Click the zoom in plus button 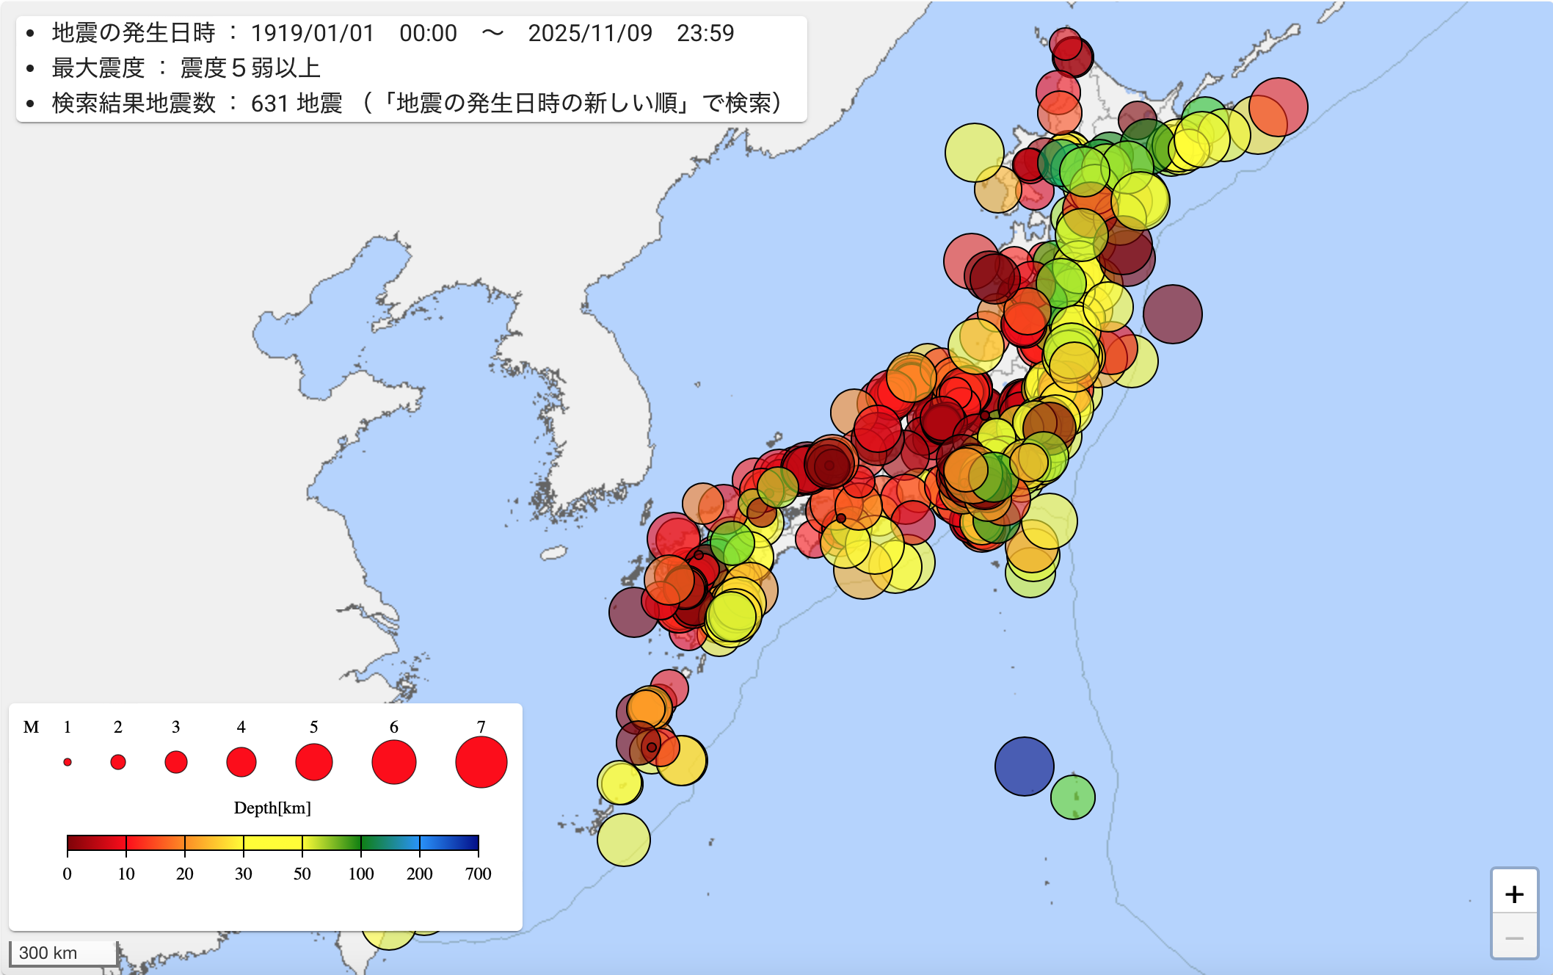[x=1514, y=894]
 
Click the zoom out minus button [x=1514, y=938]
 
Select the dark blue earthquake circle [x=1024, y=766]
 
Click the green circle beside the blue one [x=1072, y=797]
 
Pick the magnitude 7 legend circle [x=481, y=762]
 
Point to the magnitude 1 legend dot [x=68, y=762]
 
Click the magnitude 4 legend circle [x=241, y=762]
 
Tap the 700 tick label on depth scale [x=478, y=874]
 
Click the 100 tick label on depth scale [x=360, y=874]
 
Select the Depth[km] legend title [x=272, y=808]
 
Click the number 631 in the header [x=269, y=104]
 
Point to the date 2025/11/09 [x=590, y=33]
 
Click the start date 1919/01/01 [x=313, y=33]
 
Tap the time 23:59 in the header [x=705, y=33]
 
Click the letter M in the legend [x=31, y=727]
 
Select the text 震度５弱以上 [x=250, y=68]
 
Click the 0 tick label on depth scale [x=68, y=874]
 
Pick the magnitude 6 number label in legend [x=394, y=727]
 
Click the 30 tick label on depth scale [x=243, y=874]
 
